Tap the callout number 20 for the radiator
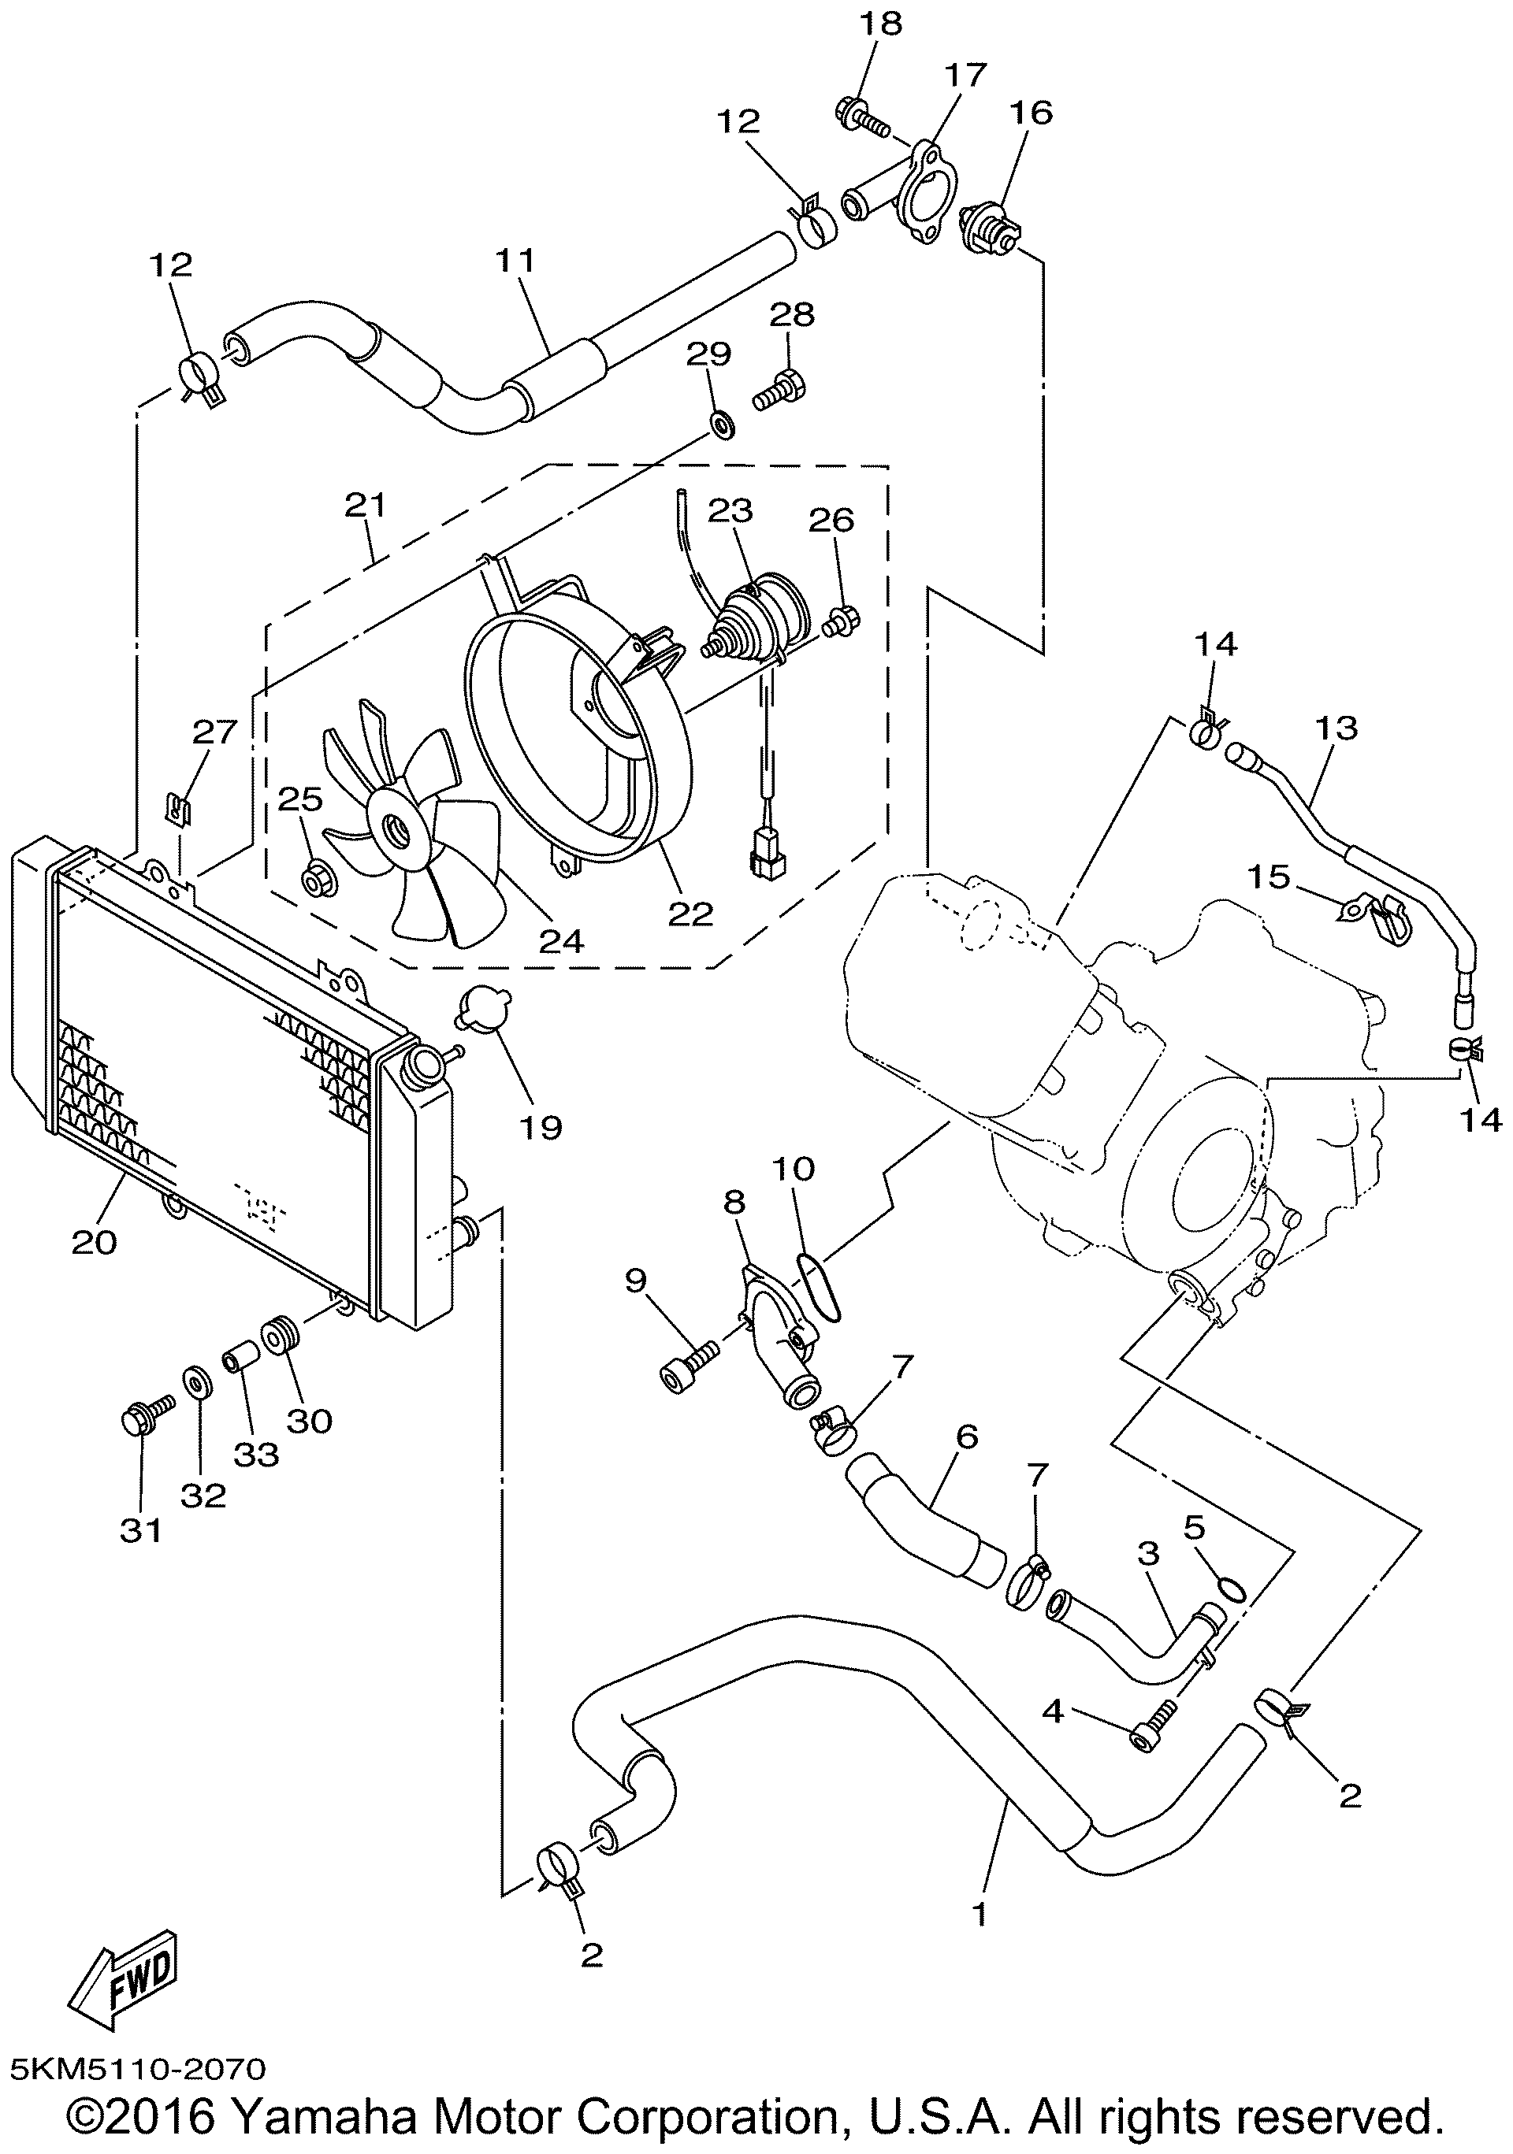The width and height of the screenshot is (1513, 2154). coord(94,1242)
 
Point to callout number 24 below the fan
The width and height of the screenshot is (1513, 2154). coord(561,940)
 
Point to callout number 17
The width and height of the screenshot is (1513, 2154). coord(966,74)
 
